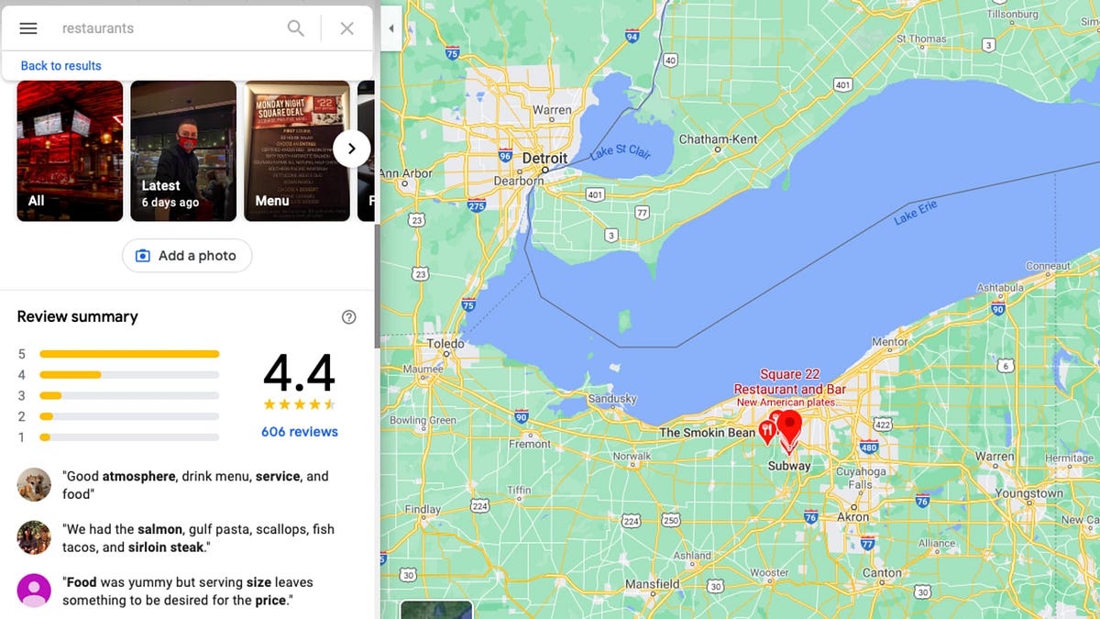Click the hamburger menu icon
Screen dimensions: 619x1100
[28, 28]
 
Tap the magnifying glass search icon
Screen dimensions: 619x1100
[295, 28]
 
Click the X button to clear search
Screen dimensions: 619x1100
[346, 28]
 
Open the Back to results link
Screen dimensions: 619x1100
[61, 66]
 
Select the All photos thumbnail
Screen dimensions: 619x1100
[70, 150]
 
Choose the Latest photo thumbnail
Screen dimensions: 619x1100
[183, 150]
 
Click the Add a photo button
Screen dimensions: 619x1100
[187, 256]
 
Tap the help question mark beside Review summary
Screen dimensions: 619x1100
[348, 317]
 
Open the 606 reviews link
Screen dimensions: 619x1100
[300, 432]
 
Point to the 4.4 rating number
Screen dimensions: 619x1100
[299, 372]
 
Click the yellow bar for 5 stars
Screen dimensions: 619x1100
[129, 354]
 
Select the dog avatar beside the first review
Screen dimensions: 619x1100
[34, 484]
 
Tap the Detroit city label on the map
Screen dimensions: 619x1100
[544, 159]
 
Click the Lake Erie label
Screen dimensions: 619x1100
[916, 213]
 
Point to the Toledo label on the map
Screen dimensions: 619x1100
[446, 344]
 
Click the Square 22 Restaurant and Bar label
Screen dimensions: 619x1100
[789, 381]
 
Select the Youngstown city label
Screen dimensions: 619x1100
[1028, 493]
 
